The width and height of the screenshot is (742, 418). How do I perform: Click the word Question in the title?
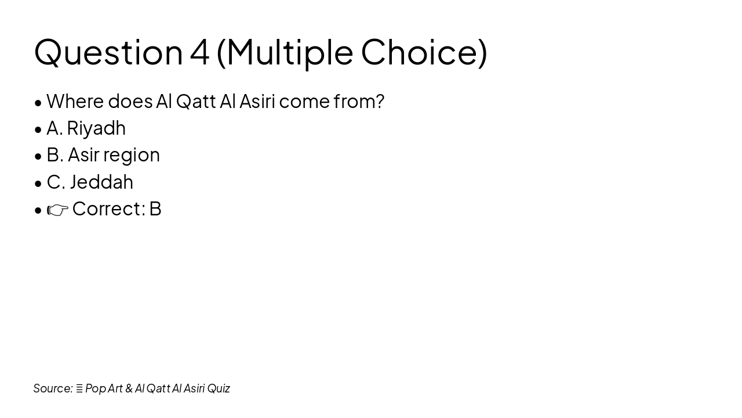click(108, 52)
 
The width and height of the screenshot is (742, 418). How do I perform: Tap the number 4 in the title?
click(199, 52)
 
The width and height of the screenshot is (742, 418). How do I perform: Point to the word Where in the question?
click(75, 102)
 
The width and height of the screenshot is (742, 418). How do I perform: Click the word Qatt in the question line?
click(195, 102)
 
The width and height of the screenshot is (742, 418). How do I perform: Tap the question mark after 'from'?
click(379, 102)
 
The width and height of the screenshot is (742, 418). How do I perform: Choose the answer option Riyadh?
click(96, 128)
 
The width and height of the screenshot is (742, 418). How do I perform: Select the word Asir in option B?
click(83, 155)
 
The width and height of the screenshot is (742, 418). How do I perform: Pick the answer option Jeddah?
click(101, 182)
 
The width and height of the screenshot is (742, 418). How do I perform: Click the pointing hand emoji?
click(57, 210)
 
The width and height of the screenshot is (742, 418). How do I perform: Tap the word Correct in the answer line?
click(108, 209)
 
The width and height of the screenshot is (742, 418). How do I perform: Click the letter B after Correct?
click(155, 209)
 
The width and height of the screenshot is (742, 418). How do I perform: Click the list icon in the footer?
click(79, 388)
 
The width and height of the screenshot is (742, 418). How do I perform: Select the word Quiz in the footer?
click(219, 388)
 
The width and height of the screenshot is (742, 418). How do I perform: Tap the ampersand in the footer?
click(129, 388)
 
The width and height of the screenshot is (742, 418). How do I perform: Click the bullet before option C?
click(38, 183)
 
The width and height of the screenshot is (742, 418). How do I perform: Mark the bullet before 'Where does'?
click(38, 103)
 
